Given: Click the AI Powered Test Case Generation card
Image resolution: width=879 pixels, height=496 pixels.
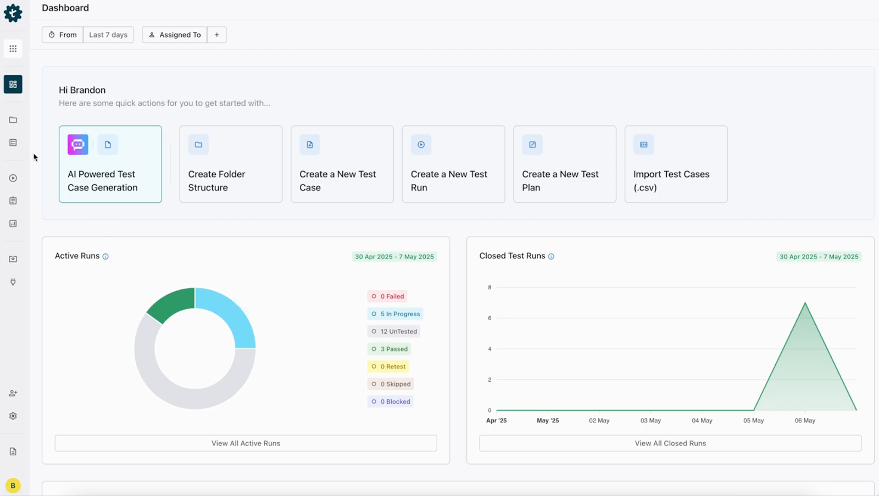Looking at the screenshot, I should [110, 164].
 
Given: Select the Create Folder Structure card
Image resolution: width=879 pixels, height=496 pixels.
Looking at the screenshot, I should [231, 164].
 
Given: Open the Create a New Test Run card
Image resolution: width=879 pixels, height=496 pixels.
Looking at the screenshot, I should [453, 164].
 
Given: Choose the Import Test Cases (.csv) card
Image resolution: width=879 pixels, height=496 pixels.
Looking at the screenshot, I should [676, 164].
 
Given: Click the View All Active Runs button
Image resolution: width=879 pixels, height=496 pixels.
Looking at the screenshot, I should [246, 443].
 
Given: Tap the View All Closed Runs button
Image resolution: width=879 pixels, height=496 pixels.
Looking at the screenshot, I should [670, 443].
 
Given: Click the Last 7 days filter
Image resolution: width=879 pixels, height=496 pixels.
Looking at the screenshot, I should [108, 35].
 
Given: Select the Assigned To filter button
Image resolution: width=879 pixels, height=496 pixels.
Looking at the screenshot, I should [175, 35].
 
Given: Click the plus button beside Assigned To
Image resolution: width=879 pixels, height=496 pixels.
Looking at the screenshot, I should [217, 35].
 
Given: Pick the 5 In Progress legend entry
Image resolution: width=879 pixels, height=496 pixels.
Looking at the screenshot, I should [395, 314].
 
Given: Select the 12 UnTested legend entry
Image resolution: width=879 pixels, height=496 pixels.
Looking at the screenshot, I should [394, 332].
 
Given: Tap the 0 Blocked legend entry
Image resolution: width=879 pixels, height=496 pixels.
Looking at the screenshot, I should [390, 401].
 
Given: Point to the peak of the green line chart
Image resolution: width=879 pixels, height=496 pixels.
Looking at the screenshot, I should [805, 303].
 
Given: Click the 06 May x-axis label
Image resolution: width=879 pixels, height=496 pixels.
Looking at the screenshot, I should [805, 421].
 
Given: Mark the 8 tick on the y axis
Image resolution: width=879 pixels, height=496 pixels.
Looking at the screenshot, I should [489, 288].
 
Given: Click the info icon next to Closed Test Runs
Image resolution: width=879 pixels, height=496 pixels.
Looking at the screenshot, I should [551, 256].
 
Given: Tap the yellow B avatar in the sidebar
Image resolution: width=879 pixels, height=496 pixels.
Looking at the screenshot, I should [13, 486].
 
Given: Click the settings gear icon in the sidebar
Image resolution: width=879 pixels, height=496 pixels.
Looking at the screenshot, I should [13, 416].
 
